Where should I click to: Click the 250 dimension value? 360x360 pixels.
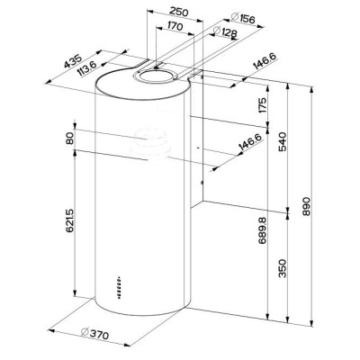click(x=179, y=12)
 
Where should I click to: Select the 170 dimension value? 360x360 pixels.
click(x=175, y=27)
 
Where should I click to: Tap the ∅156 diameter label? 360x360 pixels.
click(x=243, y=18)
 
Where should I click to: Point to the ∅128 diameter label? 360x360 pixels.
click(x=225, y=31)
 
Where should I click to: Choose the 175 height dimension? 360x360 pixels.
click(x=262, y=105)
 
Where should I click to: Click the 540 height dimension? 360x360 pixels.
click(x=283, y=141)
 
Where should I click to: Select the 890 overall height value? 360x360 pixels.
click(x=307, y=206)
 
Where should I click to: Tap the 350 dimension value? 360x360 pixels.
click(x=283, y=268)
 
